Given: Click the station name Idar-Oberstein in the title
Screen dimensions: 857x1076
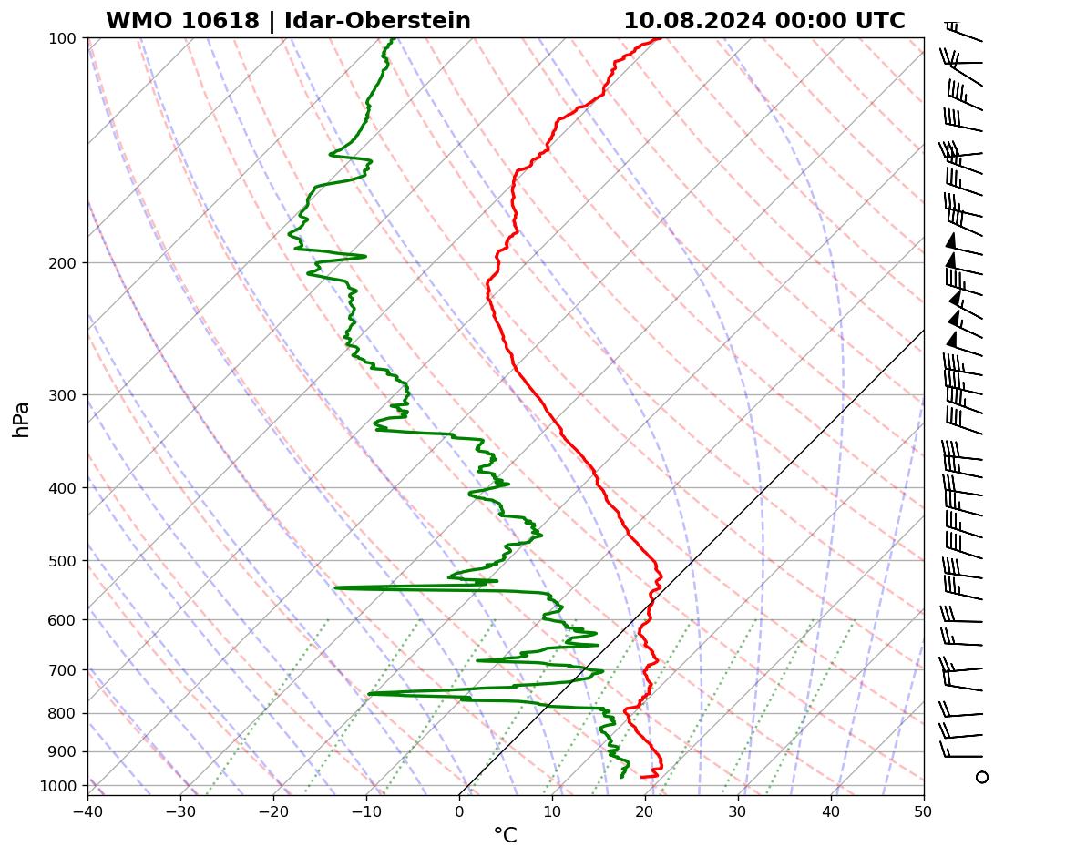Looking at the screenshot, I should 377,21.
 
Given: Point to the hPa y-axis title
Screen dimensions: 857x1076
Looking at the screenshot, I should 21,419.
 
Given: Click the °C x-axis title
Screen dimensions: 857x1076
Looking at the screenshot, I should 505,835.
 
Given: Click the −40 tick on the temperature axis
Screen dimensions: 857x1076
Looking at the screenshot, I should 87,809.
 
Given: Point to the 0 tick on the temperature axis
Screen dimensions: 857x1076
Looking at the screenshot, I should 459,809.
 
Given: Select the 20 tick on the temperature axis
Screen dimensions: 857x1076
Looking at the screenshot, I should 645,809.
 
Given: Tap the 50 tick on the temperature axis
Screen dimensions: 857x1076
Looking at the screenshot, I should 924,809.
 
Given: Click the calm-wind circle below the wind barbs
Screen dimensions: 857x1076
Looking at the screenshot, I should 981,777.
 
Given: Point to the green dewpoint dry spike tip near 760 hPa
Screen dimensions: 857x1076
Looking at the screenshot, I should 369,694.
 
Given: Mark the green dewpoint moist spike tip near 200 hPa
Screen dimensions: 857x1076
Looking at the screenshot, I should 365,257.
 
